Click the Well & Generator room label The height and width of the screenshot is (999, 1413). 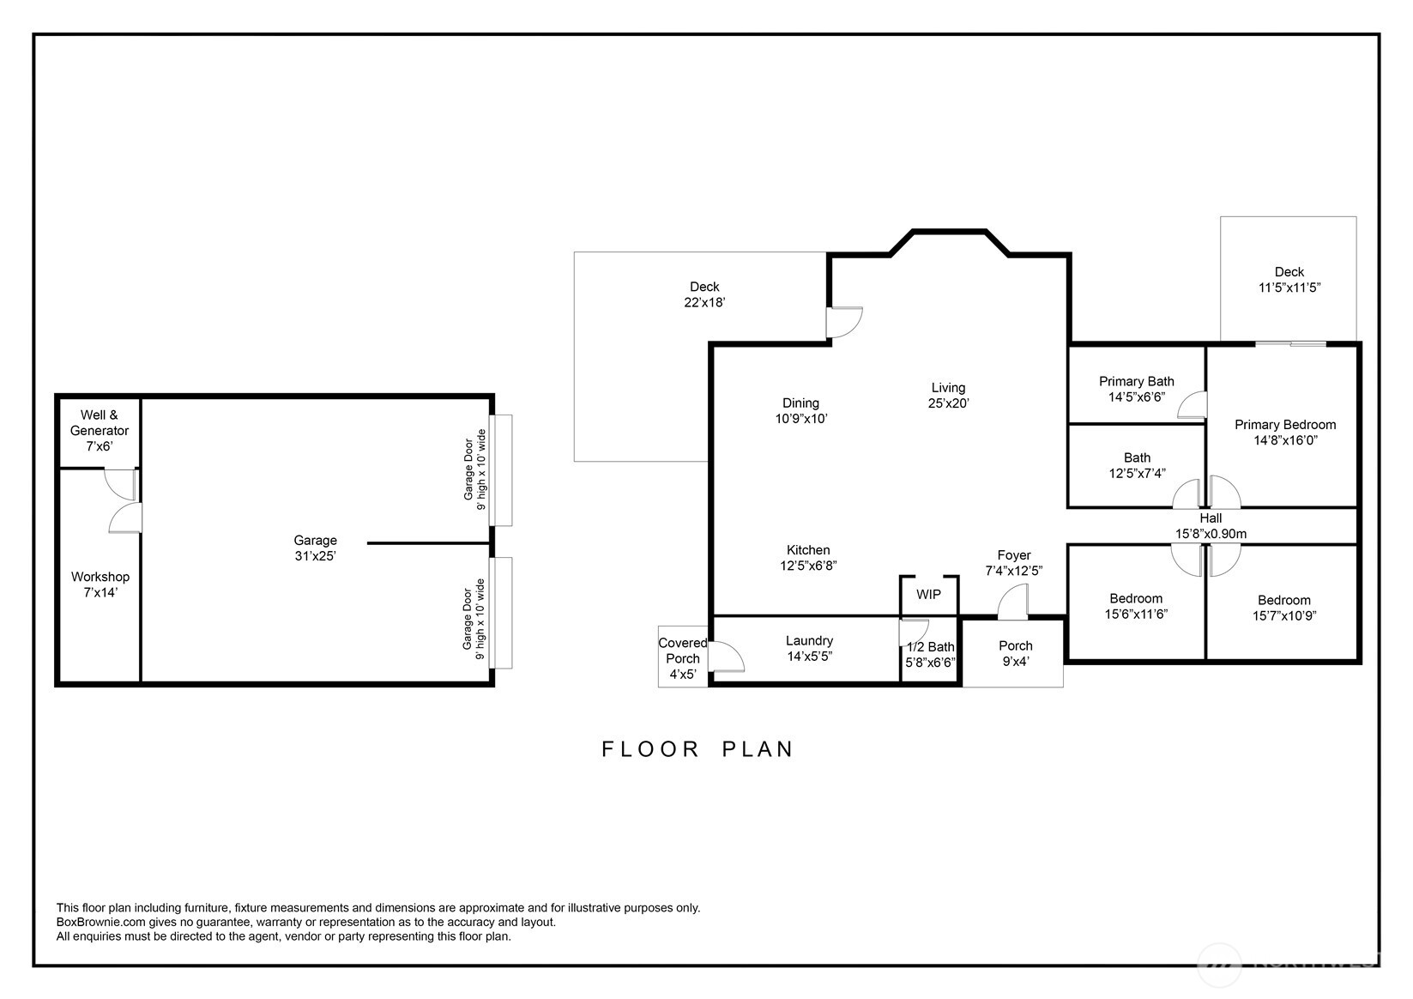pos(100,430)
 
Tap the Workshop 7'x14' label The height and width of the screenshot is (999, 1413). pos(100,584)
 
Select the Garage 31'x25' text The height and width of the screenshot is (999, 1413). pos(315,548)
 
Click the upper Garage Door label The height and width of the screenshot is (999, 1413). pos(474,469)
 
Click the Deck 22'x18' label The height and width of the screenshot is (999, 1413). pos(704,294)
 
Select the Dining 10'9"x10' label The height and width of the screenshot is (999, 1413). pos(800,410)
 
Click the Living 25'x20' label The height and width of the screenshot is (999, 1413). pos(948,395)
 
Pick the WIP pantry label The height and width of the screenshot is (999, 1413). pos(928,594)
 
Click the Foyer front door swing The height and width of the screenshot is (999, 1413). pos(1013,602)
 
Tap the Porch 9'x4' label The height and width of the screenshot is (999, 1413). pos(1016,653)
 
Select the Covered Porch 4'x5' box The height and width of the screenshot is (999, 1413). pos(683,658)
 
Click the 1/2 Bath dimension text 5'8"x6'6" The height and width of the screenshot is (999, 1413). pos(930,663)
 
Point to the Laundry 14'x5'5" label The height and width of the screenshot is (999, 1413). pos(809,648)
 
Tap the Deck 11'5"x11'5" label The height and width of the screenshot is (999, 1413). pos(1289,280)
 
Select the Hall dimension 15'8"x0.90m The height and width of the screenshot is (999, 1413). pos(1211,534)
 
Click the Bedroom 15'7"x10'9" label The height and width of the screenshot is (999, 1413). pos(1284,608)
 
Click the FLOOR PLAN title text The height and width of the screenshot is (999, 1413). pos(697,749)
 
